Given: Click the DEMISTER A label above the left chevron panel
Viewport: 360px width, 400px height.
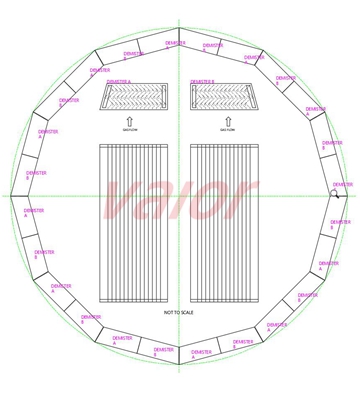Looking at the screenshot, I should pos(119,82).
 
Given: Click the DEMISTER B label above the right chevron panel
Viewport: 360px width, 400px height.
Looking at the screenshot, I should pos(203,82).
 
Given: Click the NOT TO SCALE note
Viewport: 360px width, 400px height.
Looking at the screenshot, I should pos(179,313).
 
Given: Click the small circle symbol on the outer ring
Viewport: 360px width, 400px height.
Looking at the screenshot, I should pos(335,194).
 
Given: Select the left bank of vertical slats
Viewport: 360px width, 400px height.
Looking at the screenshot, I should pos(133,223).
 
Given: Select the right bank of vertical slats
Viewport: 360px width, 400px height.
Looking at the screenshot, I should pos(224,223).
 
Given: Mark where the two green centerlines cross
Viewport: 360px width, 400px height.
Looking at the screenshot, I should pos(179,196).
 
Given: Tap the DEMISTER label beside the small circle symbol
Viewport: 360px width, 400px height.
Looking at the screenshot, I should pos(342,185).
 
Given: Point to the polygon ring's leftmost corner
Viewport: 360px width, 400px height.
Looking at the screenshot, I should pos(11,196).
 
